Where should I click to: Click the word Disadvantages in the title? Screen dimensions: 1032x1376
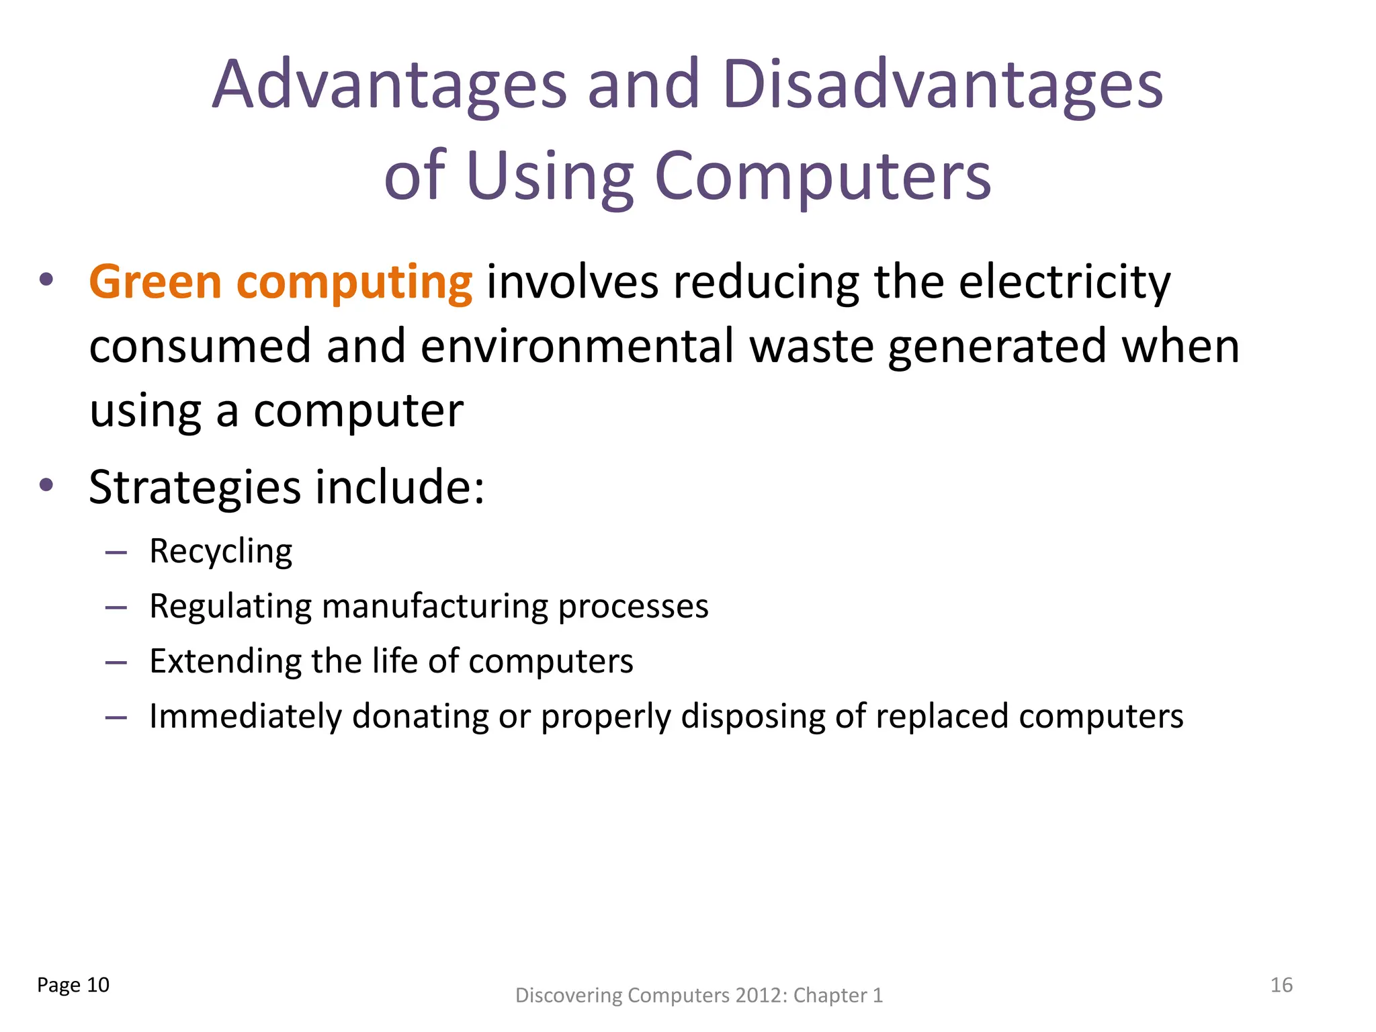tap(943, 85)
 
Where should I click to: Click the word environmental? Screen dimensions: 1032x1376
tap(577, 346)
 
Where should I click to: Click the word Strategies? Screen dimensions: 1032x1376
tap(195, 486)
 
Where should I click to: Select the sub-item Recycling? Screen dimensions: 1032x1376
tap(220, 552)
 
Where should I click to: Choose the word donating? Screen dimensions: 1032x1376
tap(420, 716)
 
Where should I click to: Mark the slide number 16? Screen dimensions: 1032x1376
tap(1281, 985)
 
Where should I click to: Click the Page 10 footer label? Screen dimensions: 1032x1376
tap(73, 985)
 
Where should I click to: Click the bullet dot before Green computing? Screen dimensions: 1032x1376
tap(46, 279)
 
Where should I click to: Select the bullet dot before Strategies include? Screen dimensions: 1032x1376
tap(46, 485)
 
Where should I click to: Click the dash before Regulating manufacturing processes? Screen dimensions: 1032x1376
tap(116, 607)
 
